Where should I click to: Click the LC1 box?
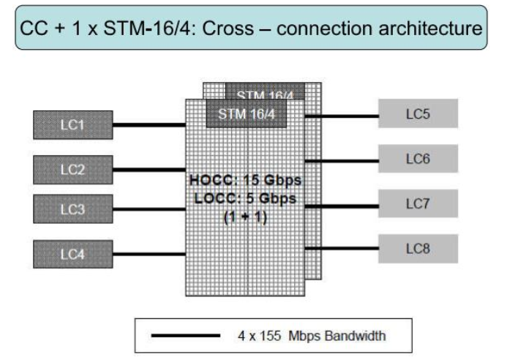pyautogui.click(x=72, y=124)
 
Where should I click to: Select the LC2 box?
pyautogui.click(x=72, y=170)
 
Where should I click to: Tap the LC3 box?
pyautogui.click(x=72, y=209)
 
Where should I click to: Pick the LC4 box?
pyautogui.click(x=72, y=253)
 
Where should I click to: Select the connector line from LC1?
pyautogui.click(x=149, y=124)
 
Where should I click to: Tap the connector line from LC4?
pyautogui.click(x=149, y=253)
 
